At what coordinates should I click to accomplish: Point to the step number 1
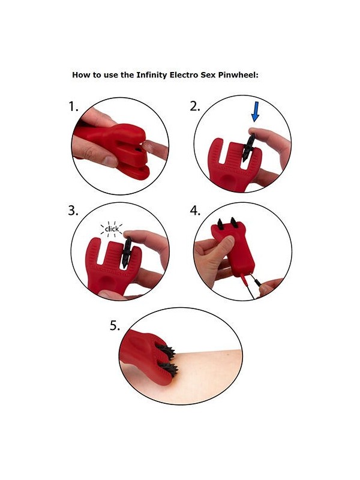(73, 107)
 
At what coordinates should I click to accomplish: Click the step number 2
(194, 107)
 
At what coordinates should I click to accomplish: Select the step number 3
(73, 211)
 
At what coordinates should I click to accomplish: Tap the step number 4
(195, 211)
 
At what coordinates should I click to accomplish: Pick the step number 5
(115, 326)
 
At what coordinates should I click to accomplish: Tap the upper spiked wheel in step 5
(167, 347)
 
